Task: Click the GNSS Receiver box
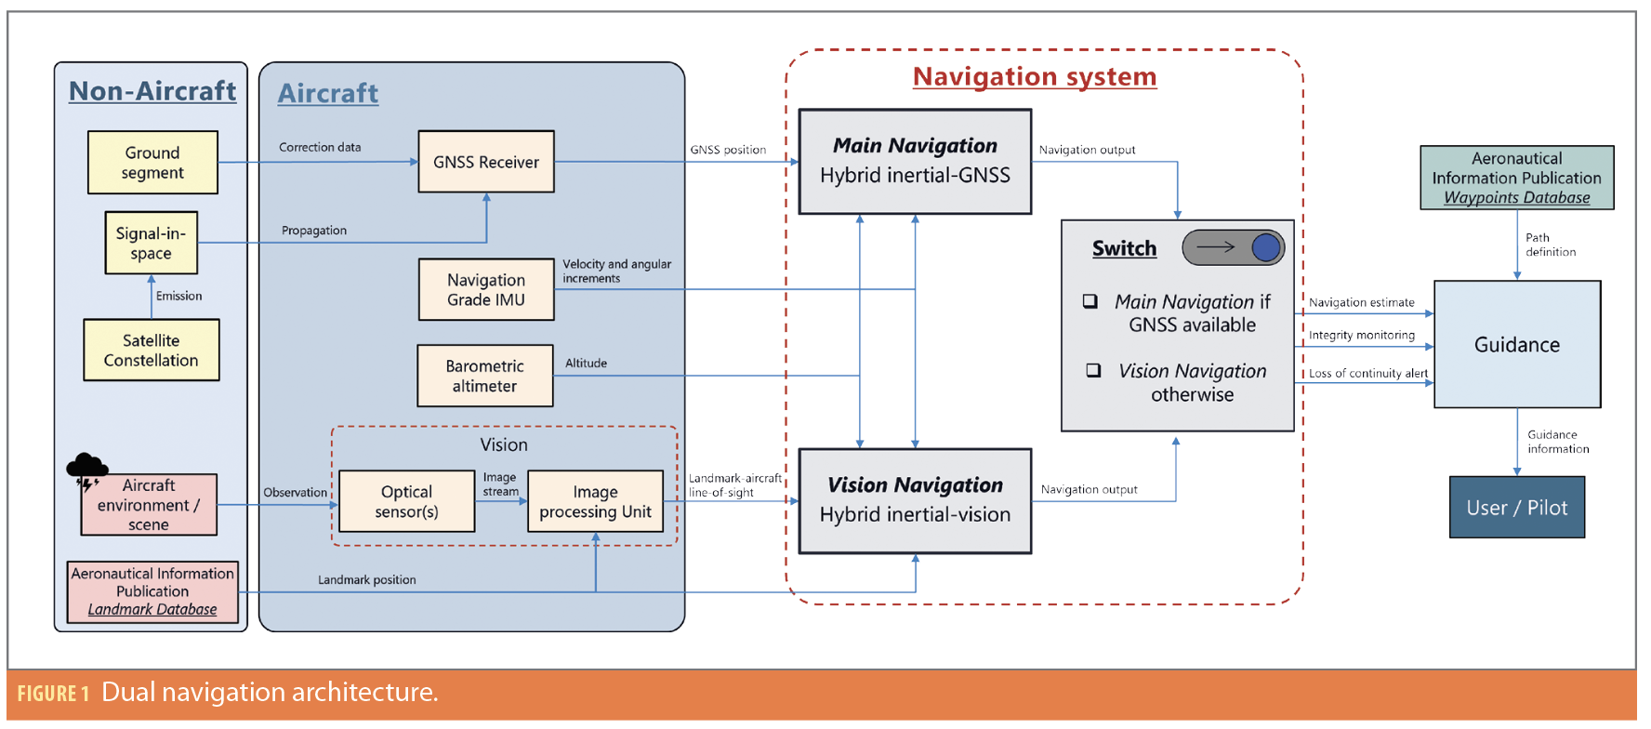486,162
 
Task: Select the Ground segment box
152,163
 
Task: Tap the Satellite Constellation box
152,351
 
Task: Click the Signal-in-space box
151,244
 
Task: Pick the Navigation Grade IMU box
486,290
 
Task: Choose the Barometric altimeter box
484,377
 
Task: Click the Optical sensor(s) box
406,502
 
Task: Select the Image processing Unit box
595,502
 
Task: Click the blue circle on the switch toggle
1265,247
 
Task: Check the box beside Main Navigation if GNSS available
1090,301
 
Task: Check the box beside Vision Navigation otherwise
1094,370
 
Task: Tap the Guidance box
1517,345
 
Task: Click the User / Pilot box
1517,508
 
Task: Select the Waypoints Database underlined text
1517,198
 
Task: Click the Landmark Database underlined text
152,610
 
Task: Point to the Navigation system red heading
1035,77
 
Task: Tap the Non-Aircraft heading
152,91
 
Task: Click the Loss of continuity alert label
1368,374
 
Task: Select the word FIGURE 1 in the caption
53,694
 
